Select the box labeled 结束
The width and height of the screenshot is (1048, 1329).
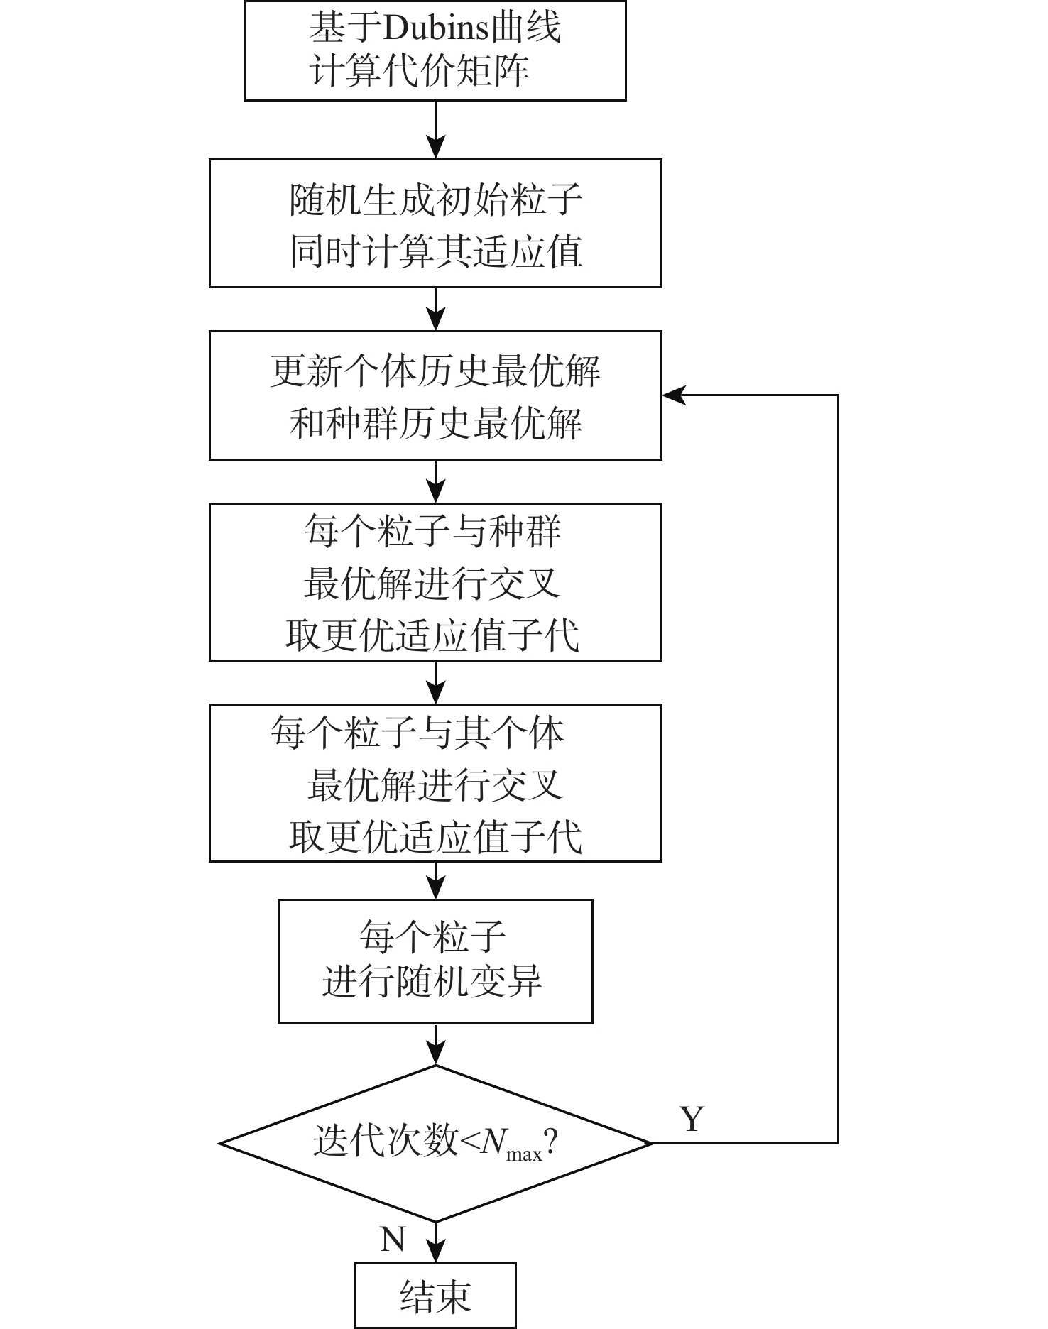(x=435, y=1296)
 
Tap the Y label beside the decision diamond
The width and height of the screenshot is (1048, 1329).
(x=692, y=1120)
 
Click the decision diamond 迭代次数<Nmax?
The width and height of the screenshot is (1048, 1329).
(x=435, y=1144)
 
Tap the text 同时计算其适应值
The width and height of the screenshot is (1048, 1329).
(x=435, y=252)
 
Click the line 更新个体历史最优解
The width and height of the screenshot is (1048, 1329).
(x=435, y=371)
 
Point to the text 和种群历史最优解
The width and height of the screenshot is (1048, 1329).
(x=435, y=424)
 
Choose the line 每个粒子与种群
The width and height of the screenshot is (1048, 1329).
(x=432, y=530)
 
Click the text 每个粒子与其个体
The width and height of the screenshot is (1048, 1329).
(x=417, y=732)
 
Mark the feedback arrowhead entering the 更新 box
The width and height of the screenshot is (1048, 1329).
(x=673, y=395)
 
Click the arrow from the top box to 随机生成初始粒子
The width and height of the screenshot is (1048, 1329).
(x=435, y=130)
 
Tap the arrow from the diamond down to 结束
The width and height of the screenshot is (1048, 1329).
(x=435, y=1242)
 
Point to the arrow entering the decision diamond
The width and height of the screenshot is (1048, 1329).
(x=435, y=1044)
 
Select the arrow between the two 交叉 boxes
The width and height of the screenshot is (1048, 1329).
(x=435, y=683)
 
